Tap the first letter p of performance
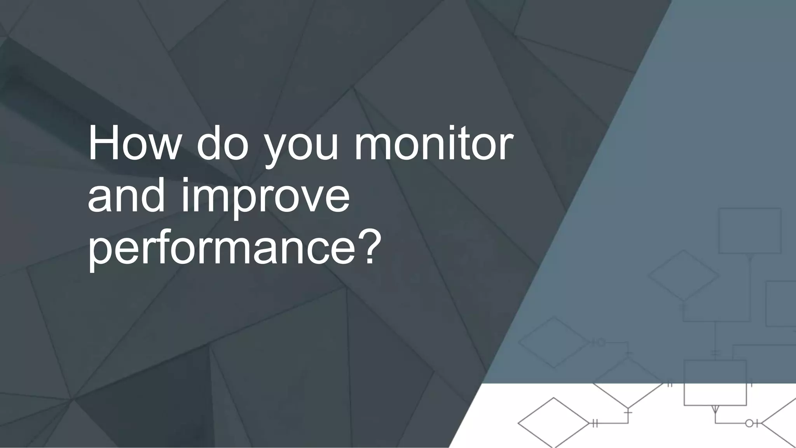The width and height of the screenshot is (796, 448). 99,253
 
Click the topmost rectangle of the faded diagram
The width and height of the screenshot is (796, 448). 750,231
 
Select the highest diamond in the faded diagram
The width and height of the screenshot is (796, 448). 683,275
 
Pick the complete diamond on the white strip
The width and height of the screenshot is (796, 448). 553,422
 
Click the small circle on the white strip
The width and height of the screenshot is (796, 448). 749,423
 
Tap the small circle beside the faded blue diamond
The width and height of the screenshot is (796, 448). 601,342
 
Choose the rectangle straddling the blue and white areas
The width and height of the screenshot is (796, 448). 715,383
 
